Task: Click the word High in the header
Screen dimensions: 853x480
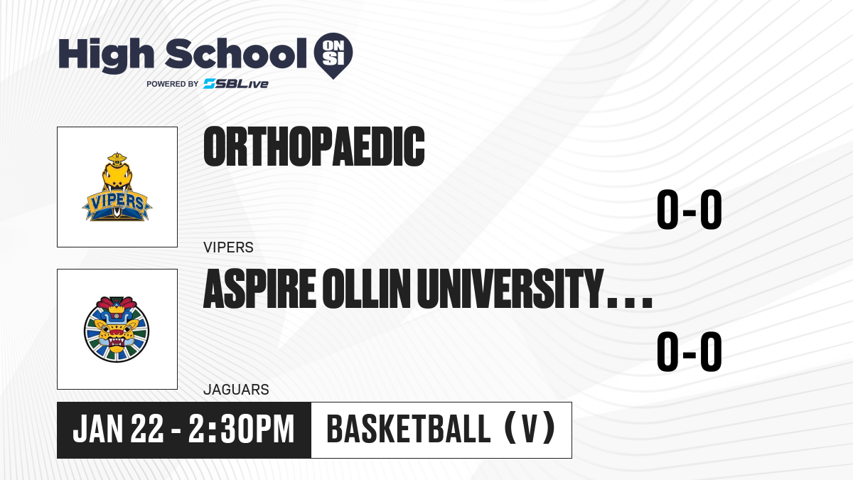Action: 106,55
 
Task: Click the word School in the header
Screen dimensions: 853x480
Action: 236,54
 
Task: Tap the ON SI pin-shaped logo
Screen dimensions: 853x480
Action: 333,55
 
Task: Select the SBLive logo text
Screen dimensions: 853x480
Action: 236,84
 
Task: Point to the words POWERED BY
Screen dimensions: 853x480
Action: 173,84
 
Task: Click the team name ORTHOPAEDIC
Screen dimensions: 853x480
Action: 314,146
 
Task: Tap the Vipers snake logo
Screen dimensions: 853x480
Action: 117,187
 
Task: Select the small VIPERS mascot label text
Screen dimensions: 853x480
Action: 228,247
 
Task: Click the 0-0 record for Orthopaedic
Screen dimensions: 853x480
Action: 690,209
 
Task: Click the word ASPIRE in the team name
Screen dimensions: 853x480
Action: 259,289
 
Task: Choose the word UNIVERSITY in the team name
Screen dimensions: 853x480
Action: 510,289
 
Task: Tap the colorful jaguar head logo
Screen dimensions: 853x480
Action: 117,329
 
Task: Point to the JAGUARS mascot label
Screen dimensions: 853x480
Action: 237,390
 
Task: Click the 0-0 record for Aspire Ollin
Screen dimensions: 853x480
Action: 690,351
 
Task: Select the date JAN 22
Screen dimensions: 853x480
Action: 118,429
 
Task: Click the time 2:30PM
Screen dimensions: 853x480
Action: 242,429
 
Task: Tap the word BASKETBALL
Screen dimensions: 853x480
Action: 409,429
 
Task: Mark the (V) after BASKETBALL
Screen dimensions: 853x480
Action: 530,428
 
